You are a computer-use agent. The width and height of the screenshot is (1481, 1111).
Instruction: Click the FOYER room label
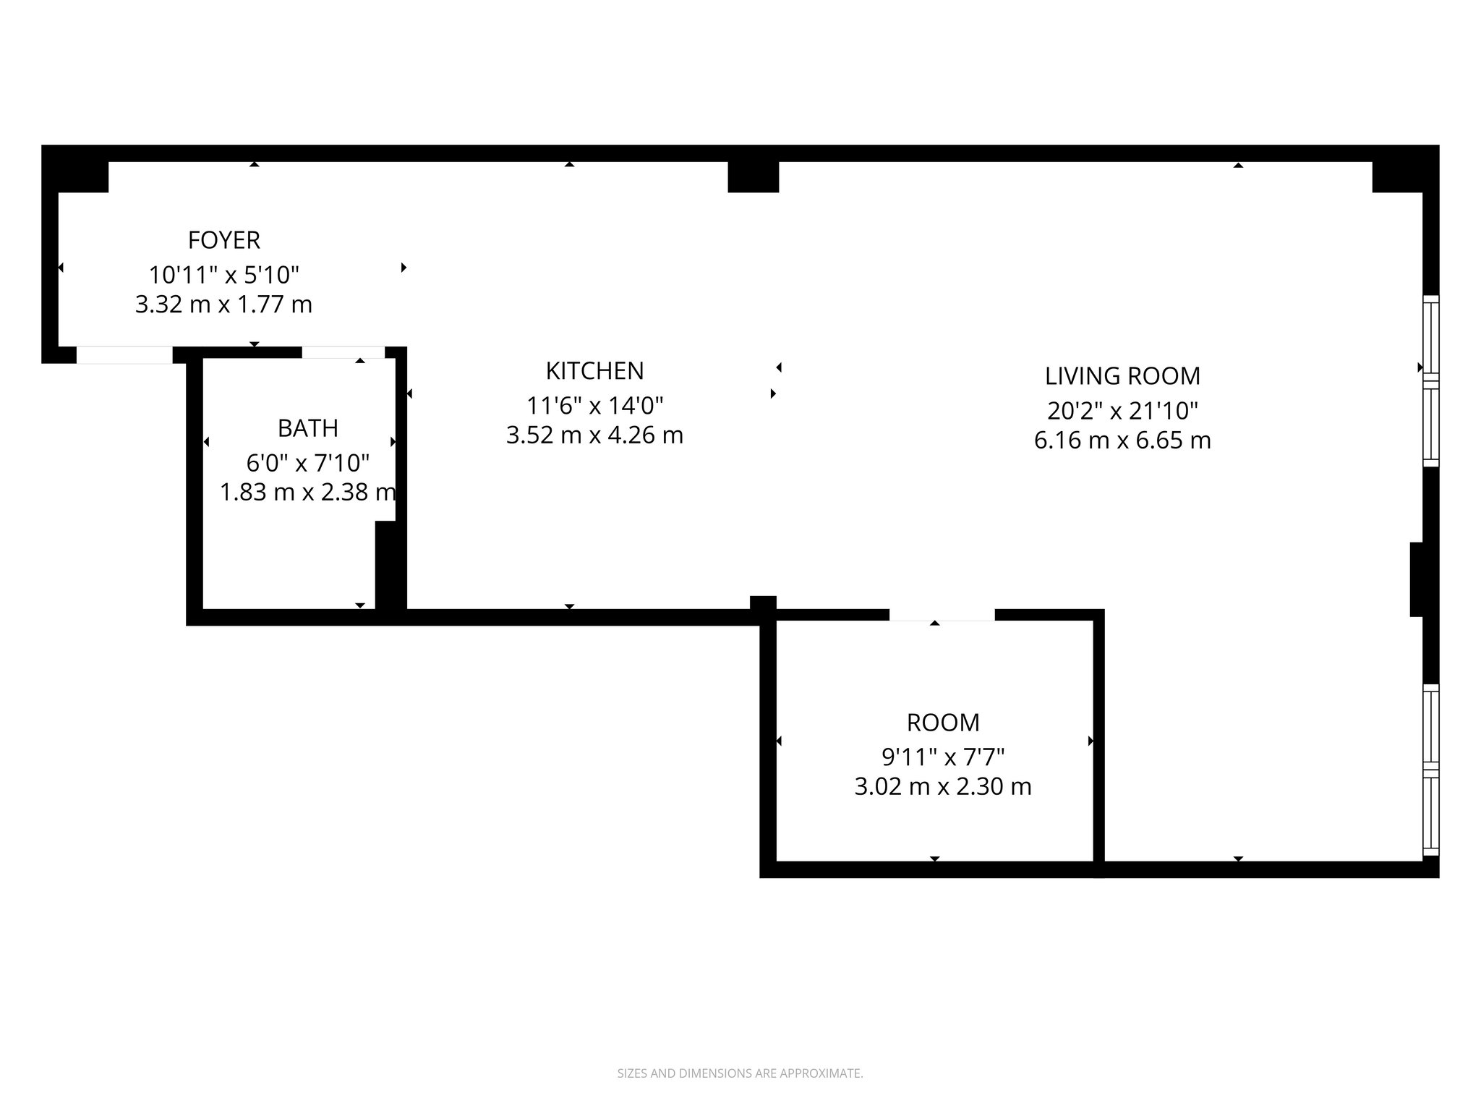(223, 239)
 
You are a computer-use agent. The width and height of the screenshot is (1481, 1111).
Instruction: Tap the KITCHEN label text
(594, 370)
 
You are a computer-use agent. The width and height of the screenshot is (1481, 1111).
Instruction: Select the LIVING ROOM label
(1122, 376)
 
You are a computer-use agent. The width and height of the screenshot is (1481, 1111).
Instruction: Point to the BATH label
(307, 428)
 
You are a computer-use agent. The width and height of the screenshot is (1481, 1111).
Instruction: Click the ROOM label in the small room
(943, 723)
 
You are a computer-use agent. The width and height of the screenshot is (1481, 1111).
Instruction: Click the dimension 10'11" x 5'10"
(223, 275)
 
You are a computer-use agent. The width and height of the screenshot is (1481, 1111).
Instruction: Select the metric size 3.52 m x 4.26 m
(594, 435)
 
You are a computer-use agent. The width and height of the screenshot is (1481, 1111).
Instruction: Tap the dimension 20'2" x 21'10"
(1122, 411)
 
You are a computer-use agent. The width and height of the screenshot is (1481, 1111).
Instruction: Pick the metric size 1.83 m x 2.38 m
(307, 493)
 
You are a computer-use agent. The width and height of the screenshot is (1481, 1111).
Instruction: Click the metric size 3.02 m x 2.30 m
(943, 786)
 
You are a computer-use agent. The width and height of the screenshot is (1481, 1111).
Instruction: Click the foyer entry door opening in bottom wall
(124, 355)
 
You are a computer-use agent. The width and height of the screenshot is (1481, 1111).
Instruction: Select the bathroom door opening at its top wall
(343, 352)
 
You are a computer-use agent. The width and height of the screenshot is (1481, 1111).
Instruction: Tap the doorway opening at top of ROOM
(942, 615)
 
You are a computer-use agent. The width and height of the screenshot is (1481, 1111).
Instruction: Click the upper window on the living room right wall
(1430, 381)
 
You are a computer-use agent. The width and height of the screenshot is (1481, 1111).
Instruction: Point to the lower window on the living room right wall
(1430, 770)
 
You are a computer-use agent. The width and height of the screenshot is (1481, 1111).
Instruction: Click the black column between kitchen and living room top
(753, 176)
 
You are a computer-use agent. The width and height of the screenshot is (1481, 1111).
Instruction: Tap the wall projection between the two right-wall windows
(1417, 579)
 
